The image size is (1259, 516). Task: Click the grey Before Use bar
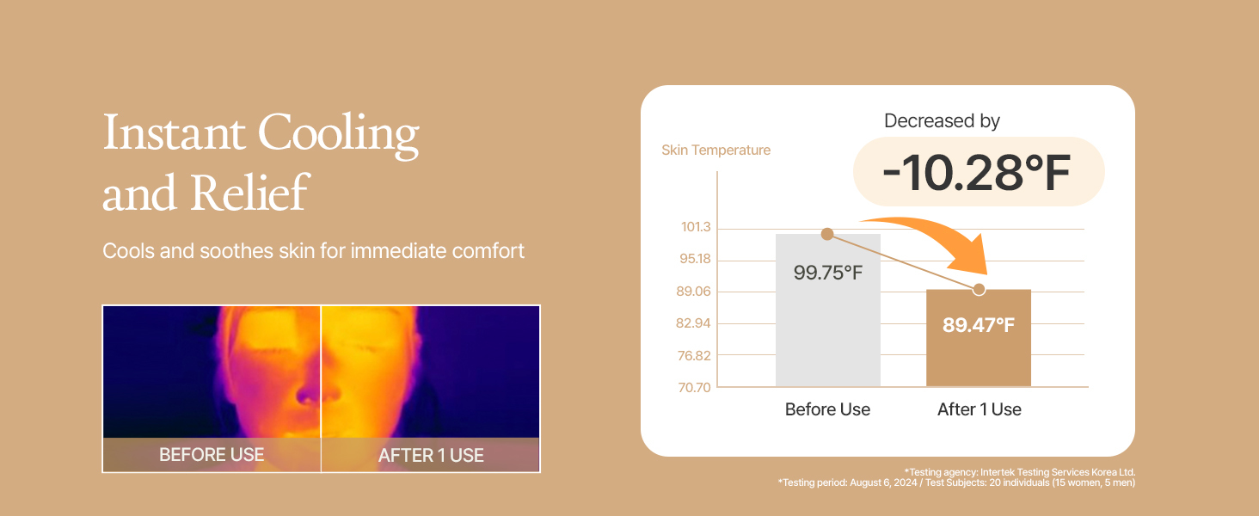(x=828, y=310)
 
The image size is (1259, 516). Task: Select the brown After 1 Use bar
(x=979, y=338)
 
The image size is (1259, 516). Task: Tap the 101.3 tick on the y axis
(x=696, y=227)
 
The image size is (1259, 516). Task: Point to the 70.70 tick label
(x=694, y=387)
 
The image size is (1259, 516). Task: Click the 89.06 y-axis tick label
(x=694, y=292)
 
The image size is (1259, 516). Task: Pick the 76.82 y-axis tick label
(x=694, y=355)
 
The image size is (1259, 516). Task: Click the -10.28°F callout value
(x=977, y=173)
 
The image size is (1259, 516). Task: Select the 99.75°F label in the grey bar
(x=828, y=273)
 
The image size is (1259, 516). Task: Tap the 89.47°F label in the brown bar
(x=979, y=325)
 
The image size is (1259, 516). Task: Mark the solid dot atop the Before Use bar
(x=827, y=234)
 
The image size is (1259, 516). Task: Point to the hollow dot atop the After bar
(x=980, y=290)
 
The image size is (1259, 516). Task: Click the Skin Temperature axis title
(x=716, y=150)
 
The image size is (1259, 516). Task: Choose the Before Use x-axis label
(x=827, y=409)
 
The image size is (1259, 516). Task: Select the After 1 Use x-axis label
(x=980, y=409)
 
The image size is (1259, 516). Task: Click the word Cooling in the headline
(x=338, y=135)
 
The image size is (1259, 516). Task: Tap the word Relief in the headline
(x=249, y=193)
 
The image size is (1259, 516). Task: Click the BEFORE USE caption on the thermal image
(x=212, y=454)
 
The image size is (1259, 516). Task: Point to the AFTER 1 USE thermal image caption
(x=431, y=455)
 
